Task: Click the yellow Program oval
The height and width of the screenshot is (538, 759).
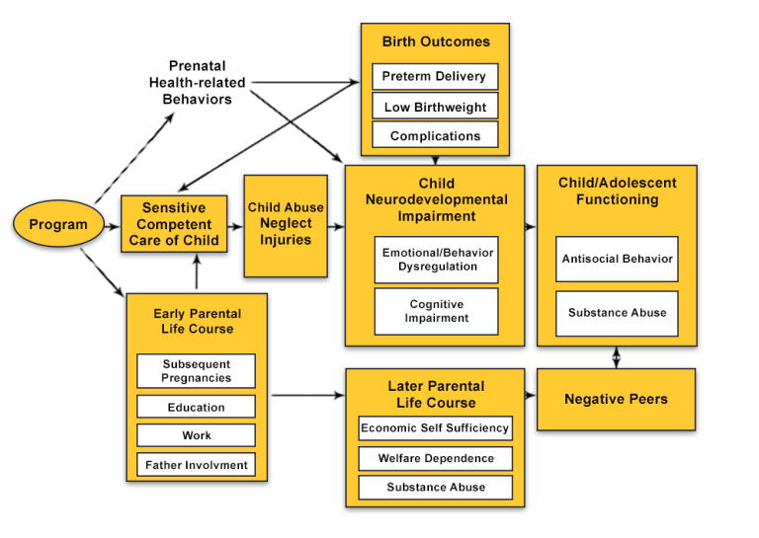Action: click(58, 224)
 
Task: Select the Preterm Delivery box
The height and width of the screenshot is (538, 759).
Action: click(435, 77)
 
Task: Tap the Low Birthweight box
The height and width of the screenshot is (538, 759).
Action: click(435, 107)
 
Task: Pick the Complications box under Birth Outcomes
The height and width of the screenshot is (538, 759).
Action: click(435, 135)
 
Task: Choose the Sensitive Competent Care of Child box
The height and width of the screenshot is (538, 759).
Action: click(174, 224)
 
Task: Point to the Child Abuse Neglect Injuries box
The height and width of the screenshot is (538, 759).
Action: click(286, 224)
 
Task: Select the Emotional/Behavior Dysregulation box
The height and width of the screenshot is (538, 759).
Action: click(436, 260)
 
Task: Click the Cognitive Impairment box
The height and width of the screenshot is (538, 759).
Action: click(436, 311)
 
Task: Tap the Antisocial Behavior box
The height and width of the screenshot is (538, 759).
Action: click(617, 259)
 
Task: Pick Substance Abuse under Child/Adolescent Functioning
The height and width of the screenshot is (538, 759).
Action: click(617, 313)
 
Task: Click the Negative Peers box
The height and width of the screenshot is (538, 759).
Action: click(616, 399)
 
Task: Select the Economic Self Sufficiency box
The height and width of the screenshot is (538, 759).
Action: click(435, 428)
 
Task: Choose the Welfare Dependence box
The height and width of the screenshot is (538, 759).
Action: click(435, 458)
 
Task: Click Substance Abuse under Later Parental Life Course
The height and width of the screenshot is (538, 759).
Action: click(435, 488)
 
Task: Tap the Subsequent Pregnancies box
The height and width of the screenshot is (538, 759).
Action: click(197, 371)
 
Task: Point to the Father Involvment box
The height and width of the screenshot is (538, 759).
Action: click(197, 464)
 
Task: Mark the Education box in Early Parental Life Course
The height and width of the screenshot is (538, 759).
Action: click(197, 407)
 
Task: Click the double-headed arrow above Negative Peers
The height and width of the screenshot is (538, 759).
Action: click(617, 356)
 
